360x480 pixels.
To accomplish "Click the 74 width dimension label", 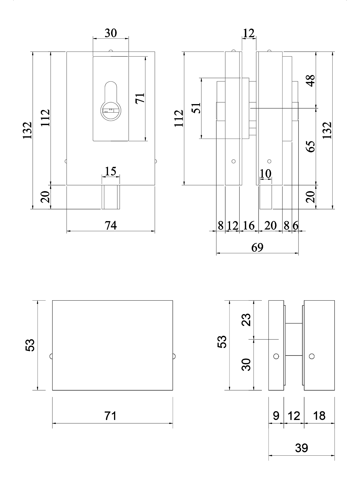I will coord(111,225).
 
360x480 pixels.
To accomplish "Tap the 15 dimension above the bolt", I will coord(111,171).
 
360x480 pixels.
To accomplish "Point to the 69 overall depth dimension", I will coord(257,247).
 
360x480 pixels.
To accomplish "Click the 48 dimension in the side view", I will coord(311,80).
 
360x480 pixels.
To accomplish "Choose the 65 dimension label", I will coord(311,146).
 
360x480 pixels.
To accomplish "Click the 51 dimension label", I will coord(196,108).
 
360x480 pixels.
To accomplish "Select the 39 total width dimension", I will coord(301,448).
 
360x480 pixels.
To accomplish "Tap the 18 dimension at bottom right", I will coord(319,416).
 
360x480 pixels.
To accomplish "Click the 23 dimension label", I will coord(246,320).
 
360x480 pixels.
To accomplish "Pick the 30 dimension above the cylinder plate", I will coord(111,33).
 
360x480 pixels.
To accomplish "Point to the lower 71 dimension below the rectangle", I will coord(111,416).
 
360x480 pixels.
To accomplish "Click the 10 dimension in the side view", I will coord(265,173).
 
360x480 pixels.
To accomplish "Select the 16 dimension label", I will coord(249,225).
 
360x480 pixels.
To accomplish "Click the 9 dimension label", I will coord(276,416).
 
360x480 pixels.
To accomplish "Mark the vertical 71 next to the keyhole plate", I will coord(140,98).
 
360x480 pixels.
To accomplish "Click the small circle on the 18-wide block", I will coord(312,356).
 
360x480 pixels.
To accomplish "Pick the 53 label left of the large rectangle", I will coord(30,345).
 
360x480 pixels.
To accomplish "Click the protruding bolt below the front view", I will coord(111,197).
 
